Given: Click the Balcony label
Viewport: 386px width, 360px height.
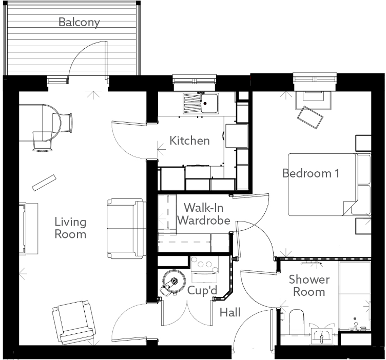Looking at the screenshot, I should (79, 22).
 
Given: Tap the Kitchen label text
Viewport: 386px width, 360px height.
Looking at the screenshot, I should (189, 141).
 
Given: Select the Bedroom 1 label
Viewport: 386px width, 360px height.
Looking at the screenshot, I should (311, 173).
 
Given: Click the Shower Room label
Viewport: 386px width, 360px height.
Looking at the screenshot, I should (309, 286).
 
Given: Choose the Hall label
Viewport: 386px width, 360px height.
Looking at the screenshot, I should (230, 312).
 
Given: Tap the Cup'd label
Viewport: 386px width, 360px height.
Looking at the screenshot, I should (202, 291).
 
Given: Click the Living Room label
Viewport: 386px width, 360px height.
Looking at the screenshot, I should (70, 228).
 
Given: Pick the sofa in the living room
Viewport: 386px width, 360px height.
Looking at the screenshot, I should (126, 228).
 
